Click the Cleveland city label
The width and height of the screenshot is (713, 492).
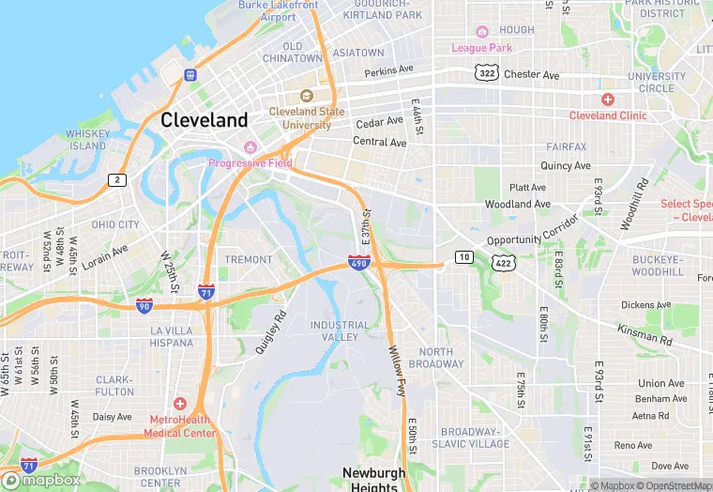pos(205,120)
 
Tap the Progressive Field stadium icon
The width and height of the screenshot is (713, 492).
pos(250,147)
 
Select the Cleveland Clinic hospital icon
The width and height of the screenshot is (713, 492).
pos(608,100)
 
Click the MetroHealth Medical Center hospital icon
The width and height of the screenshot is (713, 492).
pos(180,404)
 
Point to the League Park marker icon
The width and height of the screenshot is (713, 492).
pos(482,32)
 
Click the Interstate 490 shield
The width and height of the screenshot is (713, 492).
pos(358,264)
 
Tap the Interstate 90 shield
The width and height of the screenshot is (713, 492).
pos(144,306)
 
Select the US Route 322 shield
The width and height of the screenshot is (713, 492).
pos(486,72)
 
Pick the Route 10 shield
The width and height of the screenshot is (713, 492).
pos(463,256)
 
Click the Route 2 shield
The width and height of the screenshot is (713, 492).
pos(116,179)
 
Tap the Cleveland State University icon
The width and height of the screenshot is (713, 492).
pos(307,96)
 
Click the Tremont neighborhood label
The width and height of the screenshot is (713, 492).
pos(249,259)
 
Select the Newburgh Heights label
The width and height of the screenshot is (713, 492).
pos(374,479)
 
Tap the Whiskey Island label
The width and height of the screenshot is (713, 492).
pos(87,140)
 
